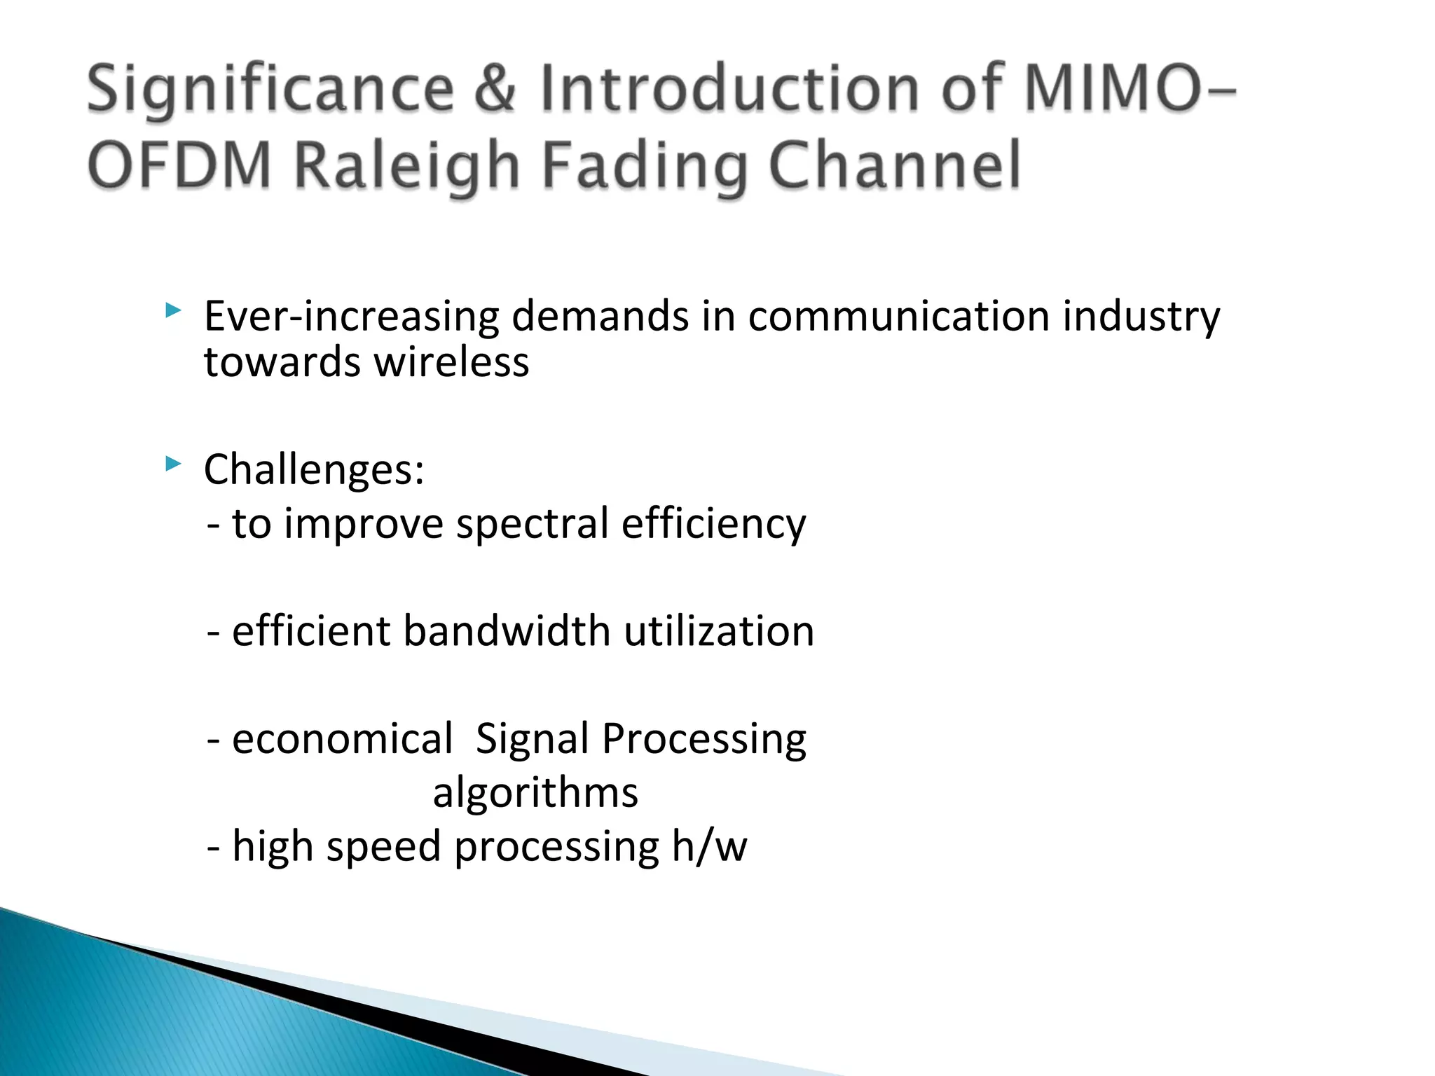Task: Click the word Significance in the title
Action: point(270,89)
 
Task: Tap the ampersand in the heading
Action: point(495,89)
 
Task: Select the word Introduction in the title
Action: point(729,89)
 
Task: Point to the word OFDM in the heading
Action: point(179,165)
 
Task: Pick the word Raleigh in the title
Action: point(406,165)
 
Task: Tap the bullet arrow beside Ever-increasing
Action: point(172,310)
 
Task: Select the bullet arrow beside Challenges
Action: point(172,463)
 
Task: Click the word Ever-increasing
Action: point(350,317)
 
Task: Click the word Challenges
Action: point(313,469)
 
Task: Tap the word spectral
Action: point(533,524)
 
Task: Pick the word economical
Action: point(342,739)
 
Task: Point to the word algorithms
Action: point(535,793)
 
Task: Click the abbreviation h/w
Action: point(709,846)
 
